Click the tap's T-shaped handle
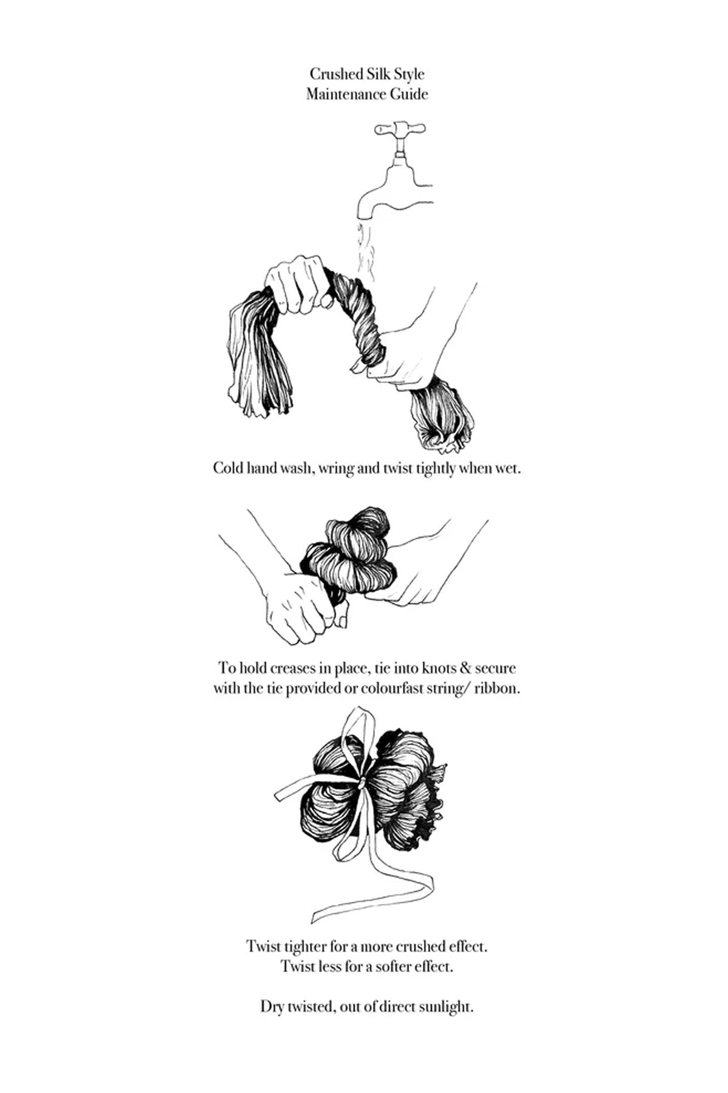(400, 129)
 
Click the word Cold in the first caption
(227, 469)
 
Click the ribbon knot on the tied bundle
(362, 785)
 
